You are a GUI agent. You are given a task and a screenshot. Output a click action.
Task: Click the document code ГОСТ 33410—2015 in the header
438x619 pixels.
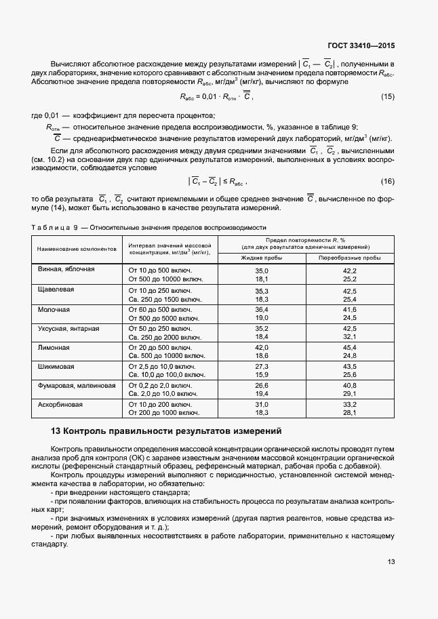pyautogui.click(x=362, y=46)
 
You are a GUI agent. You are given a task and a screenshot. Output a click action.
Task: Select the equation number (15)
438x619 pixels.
pyautogui.click(x=387, y=98)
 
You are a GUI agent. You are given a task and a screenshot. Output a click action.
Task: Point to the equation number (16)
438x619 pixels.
pyautogui.click(x=387, y=181)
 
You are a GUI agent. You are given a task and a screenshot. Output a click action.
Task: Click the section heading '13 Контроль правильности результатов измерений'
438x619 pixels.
pyautogui.click(x=165, y=431)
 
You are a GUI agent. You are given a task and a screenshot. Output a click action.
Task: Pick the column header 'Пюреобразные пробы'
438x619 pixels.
pyautogui.click(x=349, y=258)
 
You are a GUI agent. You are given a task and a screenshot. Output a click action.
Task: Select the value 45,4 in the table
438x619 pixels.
pyautogui.click(x=349, y=347)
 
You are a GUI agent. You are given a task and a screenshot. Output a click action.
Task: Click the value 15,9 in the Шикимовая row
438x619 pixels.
pyautogui.click(x=262, y=374)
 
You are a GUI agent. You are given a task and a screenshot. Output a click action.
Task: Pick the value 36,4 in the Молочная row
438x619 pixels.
pyautogui.click(x=262, y=309)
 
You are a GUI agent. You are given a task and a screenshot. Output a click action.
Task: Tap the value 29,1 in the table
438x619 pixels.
pyautogui.click(x=349, y=393)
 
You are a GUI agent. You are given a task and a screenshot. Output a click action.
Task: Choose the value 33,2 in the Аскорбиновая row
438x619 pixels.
pyautogui.click(x=349, y=405)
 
